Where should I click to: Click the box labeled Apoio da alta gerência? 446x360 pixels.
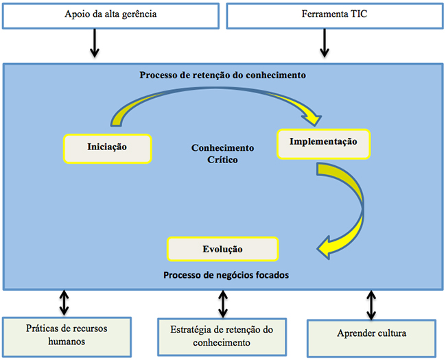pyautogui.click(x=110, y=16)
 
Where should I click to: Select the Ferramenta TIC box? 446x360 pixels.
pyautogui.click(x=335, y=16)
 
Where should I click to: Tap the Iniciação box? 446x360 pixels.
pyautogui.click(x=108, y=149)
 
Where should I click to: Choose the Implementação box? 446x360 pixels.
pyautogui.click(x=323, y=144)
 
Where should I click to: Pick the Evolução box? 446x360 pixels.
pyautogui.click(x=223, y=249)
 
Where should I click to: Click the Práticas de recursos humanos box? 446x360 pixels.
pyautogui.click(x=67, y=337)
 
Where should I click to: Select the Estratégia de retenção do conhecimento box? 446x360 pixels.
pyautogui.click(x=222, y=337)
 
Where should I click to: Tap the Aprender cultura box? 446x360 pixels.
pyautogui.click(x=371, y=338)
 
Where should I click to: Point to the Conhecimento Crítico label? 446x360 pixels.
pyautogui.click(x=222, y=154)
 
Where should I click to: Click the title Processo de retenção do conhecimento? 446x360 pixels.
pyautogui.click(x=223, y=75)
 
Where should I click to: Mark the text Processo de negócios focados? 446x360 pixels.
pyautogui.click(x=226, y=275)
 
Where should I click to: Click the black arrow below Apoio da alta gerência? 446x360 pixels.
pyautogui.click(x=95, y=43)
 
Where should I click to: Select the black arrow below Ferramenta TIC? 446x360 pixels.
pyautogui.click(x=325, y=43)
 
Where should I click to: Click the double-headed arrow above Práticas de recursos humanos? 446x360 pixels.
pyautogui.click(x=64, y=302)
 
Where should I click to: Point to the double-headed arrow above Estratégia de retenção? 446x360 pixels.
pyautogui.click(x=223, y=304)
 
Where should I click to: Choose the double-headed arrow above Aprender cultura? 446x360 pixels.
pyautogui.click(x=371, y=305)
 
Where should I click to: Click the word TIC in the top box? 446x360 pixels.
pyautogui.click(x=359, y=14)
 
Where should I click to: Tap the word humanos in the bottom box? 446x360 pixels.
pyautogui.click(x=67, y=341)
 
